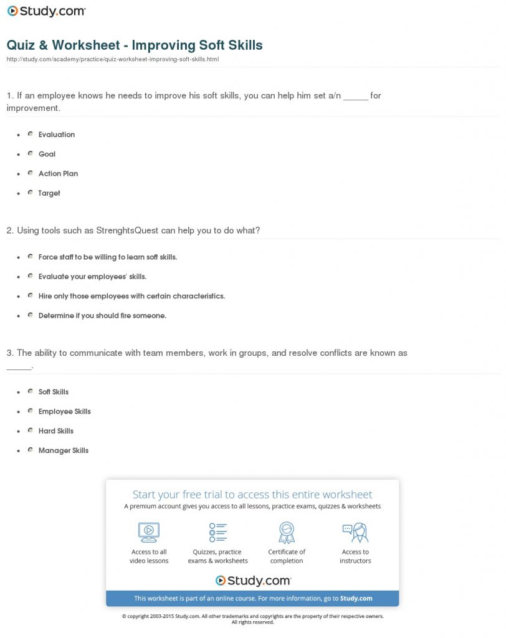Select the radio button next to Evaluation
click(30, 134)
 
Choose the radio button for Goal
click(30, 153)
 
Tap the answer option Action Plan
click(58, 173)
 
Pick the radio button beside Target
click(30, 193)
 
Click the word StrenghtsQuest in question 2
click(127, 230)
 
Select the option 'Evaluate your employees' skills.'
click(92, 276)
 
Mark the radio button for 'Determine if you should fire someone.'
click(30, 315)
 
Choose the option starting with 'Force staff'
click(107, 257)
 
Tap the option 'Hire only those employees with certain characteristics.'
click(131, 296)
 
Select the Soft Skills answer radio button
click(30, 391)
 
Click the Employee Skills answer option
click(64, 411)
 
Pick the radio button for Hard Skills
click(30, 431)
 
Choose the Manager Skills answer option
click(63, 450)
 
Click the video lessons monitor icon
click(149, 532)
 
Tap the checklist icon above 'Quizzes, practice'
click(217, 532)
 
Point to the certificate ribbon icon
click(287, 532)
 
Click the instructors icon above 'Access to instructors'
click(355, 532)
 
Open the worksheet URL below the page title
click(112, 59)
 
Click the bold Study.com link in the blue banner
click(356, 598)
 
